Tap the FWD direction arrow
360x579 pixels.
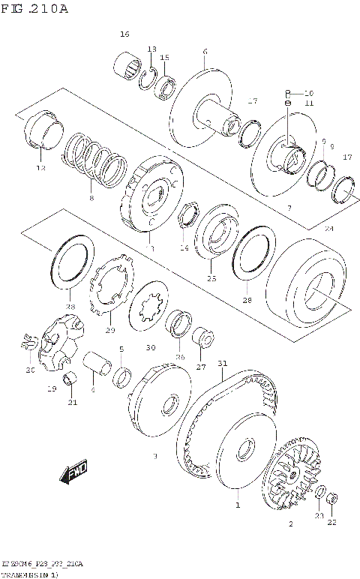(x=77, y=472)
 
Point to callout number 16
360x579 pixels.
(x=124, y=34)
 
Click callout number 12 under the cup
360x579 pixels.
(x=40, y=168)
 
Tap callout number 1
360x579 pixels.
(x=238, y=505)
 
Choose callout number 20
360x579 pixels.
(x=31, y=369)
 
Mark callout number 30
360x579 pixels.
(x=151, y=347)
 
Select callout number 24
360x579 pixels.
(x=328, y=228)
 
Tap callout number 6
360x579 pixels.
(x=204, y=52)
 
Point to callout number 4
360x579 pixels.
(x=92, y=389)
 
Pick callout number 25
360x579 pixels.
(x=211, y=278)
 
